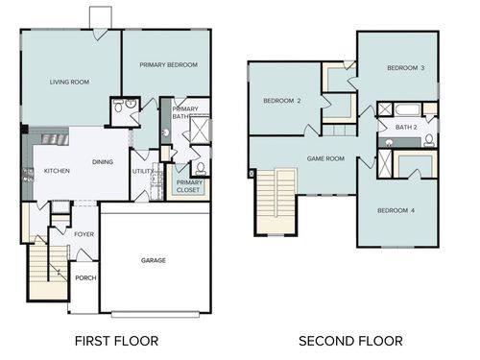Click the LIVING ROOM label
[69, 83]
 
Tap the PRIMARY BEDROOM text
[168, 64]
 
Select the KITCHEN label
[57, 171]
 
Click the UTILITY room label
[142, 171]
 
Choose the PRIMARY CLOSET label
[189, 185]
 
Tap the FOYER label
[84, 233]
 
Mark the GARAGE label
[154, 260]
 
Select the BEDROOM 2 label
[282, 101]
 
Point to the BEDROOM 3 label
[405, 68]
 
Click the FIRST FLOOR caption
[115, 341]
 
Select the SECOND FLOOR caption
[350, 341]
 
